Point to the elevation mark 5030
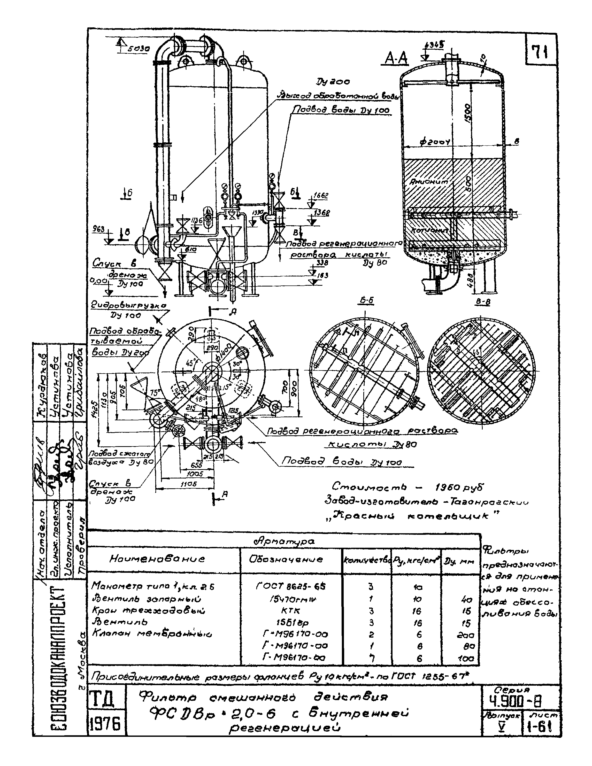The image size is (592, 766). (138, 49)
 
